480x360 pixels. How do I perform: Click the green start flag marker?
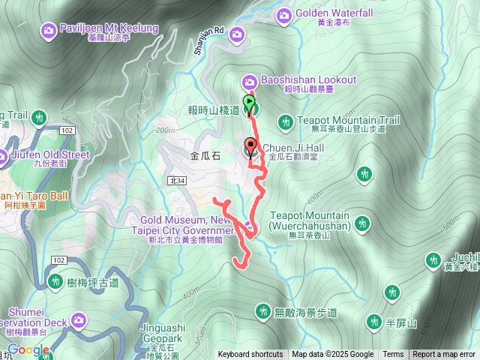point(250,103)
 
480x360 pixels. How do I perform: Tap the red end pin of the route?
point(251,145)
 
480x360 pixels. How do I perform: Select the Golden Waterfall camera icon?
point(284,14)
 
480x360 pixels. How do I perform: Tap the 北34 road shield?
point(177,180)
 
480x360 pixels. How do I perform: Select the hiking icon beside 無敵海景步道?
point(262,310)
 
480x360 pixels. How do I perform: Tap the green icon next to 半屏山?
point(373,322)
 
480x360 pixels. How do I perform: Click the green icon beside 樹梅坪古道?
point(55,281)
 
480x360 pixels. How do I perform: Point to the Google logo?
point(28,350)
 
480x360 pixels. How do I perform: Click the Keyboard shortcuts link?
point(250,355)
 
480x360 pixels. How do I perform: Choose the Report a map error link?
point(445,355)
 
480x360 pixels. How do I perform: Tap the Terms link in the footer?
point(393,355)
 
